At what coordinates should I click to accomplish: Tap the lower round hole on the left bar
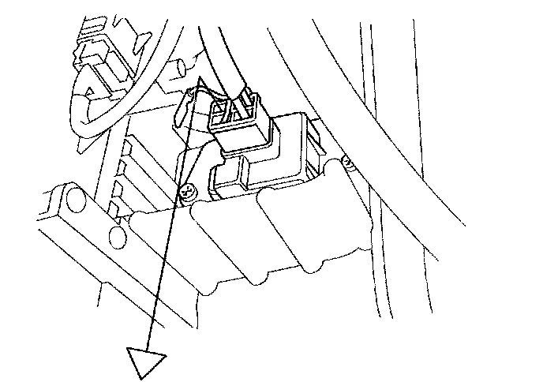pos(118,237)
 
